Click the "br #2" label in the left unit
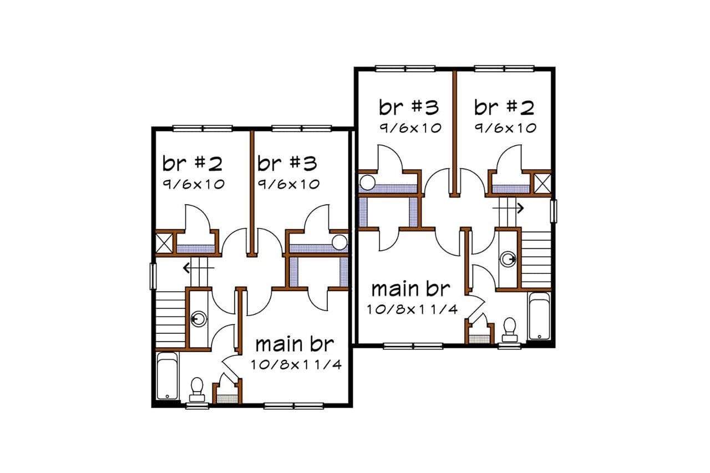[192, 164]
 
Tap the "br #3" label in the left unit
[287, 164]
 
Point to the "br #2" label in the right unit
[504, 106]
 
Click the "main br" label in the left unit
[295, 344]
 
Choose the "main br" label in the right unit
[410, 289]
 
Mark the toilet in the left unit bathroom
[197, 388]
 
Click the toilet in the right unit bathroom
[509, 329]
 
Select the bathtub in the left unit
[167, 375]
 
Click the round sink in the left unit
[199, 319]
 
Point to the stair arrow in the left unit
[194, 269]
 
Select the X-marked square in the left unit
[165, 243]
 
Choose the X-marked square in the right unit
[541, 182]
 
